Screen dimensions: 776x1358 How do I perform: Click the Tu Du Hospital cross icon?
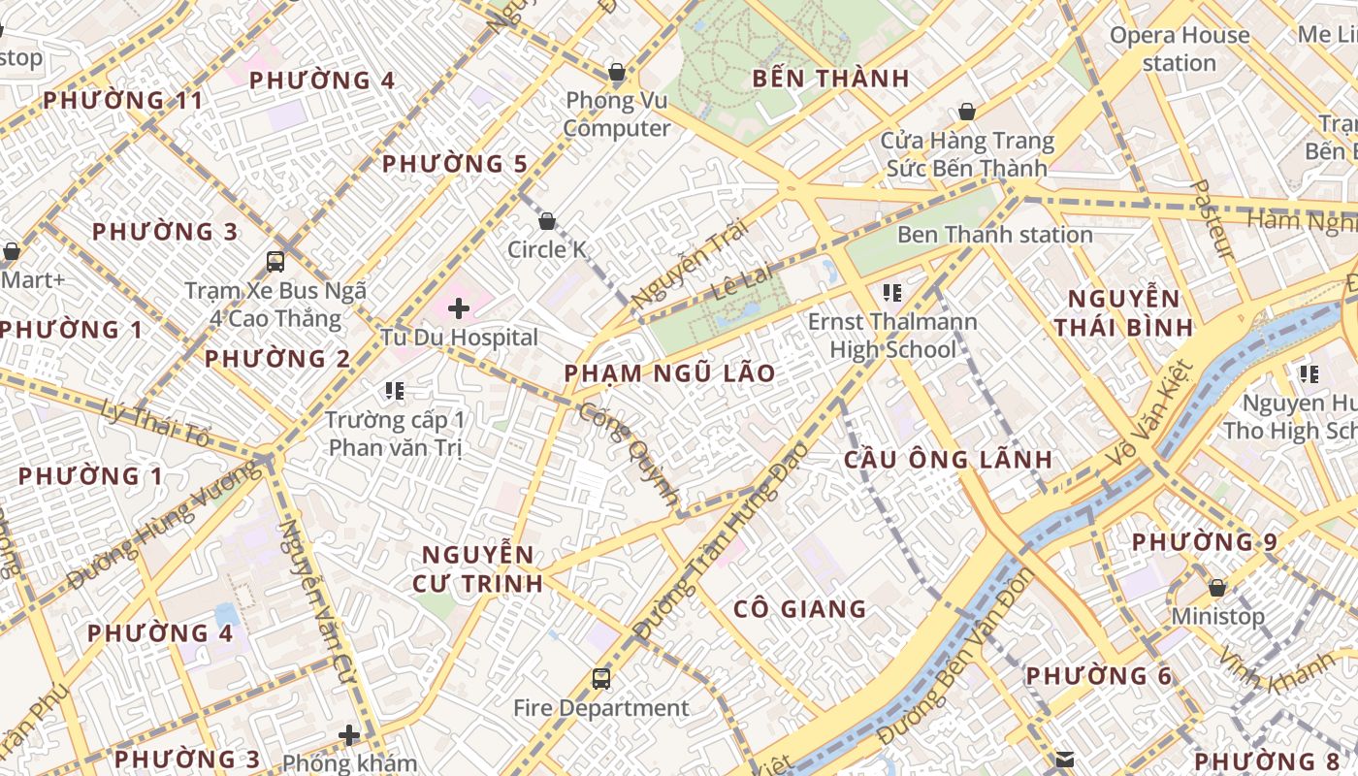(458, 309)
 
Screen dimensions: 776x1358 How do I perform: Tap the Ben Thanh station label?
(994, 235)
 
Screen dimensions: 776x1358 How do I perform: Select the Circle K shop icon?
(547, 221)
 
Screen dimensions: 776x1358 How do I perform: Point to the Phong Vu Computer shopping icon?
(616, 72)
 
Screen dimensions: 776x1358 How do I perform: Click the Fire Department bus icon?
(601, 679)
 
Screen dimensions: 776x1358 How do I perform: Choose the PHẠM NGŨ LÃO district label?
(669, 373)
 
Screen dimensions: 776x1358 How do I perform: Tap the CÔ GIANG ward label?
(799, 609)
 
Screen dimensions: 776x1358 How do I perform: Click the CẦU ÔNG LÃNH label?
(947, 460)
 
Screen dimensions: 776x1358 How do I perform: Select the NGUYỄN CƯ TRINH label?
(477, 569)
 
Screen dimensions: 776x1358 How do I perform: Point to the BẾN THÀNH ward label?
(830, 79)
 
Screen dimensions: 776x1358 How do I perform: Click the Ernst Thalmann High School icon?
(892, 292)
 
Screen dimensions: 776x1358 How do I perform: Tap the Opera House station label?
(1179, 49)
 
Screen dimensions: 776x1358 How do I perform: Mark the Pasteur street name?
(1212, 219)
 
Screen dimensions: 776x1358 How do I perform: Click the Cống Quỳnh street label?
(630, 453)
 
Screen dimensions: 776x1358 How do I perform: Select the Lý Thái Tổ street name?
(155, 424)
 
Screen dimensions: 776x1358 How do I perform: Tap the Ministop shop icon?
(1216, 588)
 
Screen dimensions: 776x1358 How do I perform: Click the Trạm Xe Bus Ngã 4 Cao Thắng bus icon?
(275, 261)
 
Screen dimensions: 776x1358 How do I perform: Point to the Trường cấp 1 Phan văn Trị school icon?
(394, 391)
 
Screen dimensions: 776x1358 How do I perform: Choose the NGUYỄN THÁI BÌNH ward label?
(1123, 312)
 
